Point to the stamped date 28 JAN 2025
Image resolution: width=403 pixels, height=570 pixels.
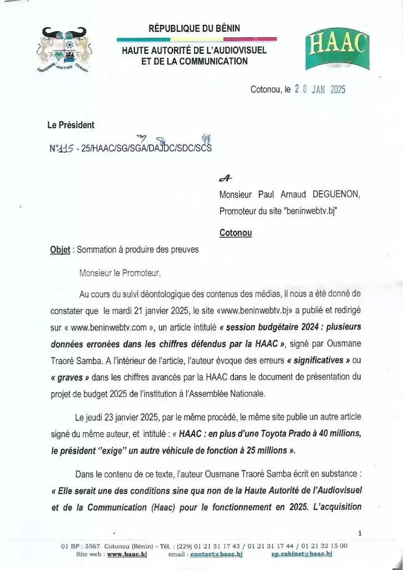[312, 89]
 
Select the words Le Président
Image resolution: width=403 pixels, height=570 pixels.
[71, 125]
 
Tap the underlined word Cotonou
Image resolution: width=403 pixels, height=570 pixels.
[236, 233]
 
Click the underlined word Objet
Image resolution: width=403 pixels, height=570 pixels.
[60, 250]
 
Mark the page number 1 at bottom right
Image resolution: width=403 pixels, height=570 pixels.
[360, 534]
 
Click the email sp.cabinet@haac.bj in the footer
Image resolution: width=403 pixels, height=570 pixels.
[302, 554]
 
